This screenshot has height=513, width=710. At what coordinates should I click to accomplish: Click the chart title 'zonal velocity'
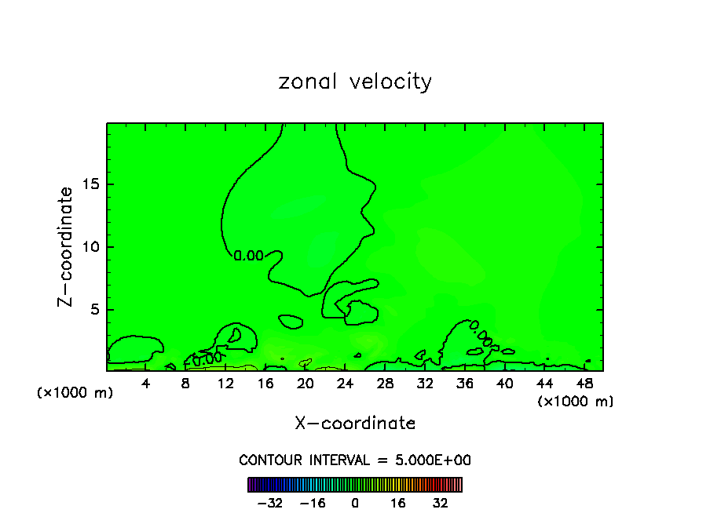click(355, 82)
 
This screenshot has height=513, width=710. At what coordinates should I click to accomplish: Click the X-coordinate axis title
click(355, 424)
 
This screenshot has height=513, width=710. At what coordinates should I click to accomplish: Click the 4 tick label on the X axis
click(146, 384)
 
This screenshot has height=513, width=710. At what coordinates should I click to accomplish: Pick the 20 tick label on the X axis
click(306, 384)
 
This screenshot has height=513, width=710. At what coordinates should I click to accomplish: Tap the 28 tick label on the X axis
click(386, 384)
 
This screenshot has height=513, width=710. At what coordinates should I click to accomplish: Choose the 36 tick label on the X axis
click(465, 384)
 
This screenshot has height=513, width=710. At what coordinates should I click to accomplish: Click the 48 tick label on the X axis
click(584, 384)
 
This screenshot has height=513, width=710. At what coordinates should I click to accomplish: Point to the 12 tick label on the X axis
click(226, 384)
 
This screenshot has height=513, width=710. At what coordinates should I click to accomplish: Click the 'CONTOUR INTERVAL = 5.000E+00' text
click(355, 460)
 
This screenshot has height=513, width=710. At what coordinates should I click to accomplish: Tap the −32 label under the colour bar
click(271, 503)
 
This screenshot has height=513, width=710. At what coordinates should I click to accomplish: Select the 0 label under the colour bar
click(355, 503)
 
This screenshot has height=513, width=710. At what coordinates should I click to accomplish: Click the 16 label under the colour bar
click(398, 503)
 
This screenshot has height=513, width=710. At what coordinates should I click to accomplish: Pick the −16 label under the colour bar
click(313, 503)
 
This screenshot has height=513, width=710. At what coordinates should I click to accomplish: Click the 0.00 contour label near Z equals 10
click(249, 256)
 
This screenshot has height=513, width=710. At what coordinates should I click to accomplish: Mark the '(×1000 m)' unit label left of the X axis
click(75, 393)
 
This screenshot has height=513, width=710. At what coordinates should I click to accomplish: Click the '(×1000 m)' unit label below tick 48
click(576, 402)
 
